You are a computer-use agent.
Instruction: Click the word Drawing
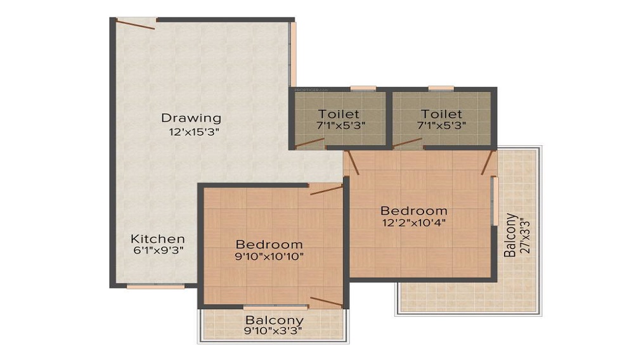191,118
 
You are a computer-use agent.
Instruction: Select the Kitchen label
158,239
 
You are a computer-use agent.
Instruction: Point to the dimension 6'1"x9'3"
158,252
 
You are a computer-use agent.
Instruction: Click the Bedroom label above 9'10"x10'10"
269,244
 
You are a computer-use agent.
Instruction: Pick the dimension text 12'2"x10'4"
413,224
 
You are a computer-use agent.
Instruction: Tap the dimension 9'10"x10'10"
269,257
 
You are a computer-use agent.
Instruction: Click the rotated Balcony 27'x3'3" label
515,235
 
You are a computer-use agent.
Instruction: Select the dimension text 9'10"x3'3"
274,331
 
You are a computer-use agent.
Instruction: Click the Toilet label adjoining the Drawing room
339,113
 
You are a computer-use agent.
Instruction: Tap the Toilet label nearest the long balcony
441,113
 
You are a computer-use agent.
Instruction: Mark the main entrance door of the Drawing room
135,23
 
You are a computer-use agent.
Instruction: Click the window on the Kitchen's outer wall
155,286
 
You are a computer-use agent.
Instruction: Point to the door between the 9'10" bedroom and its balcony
327,302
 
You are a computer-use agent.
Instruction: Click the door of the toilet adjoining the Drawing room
309,143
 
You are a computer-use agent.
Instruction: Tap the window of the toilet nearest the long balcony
441,88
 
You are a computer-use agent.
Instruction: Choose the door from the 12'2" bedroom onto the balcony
487,163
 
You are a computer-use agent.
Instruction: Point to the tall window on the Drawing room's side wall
293,54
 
